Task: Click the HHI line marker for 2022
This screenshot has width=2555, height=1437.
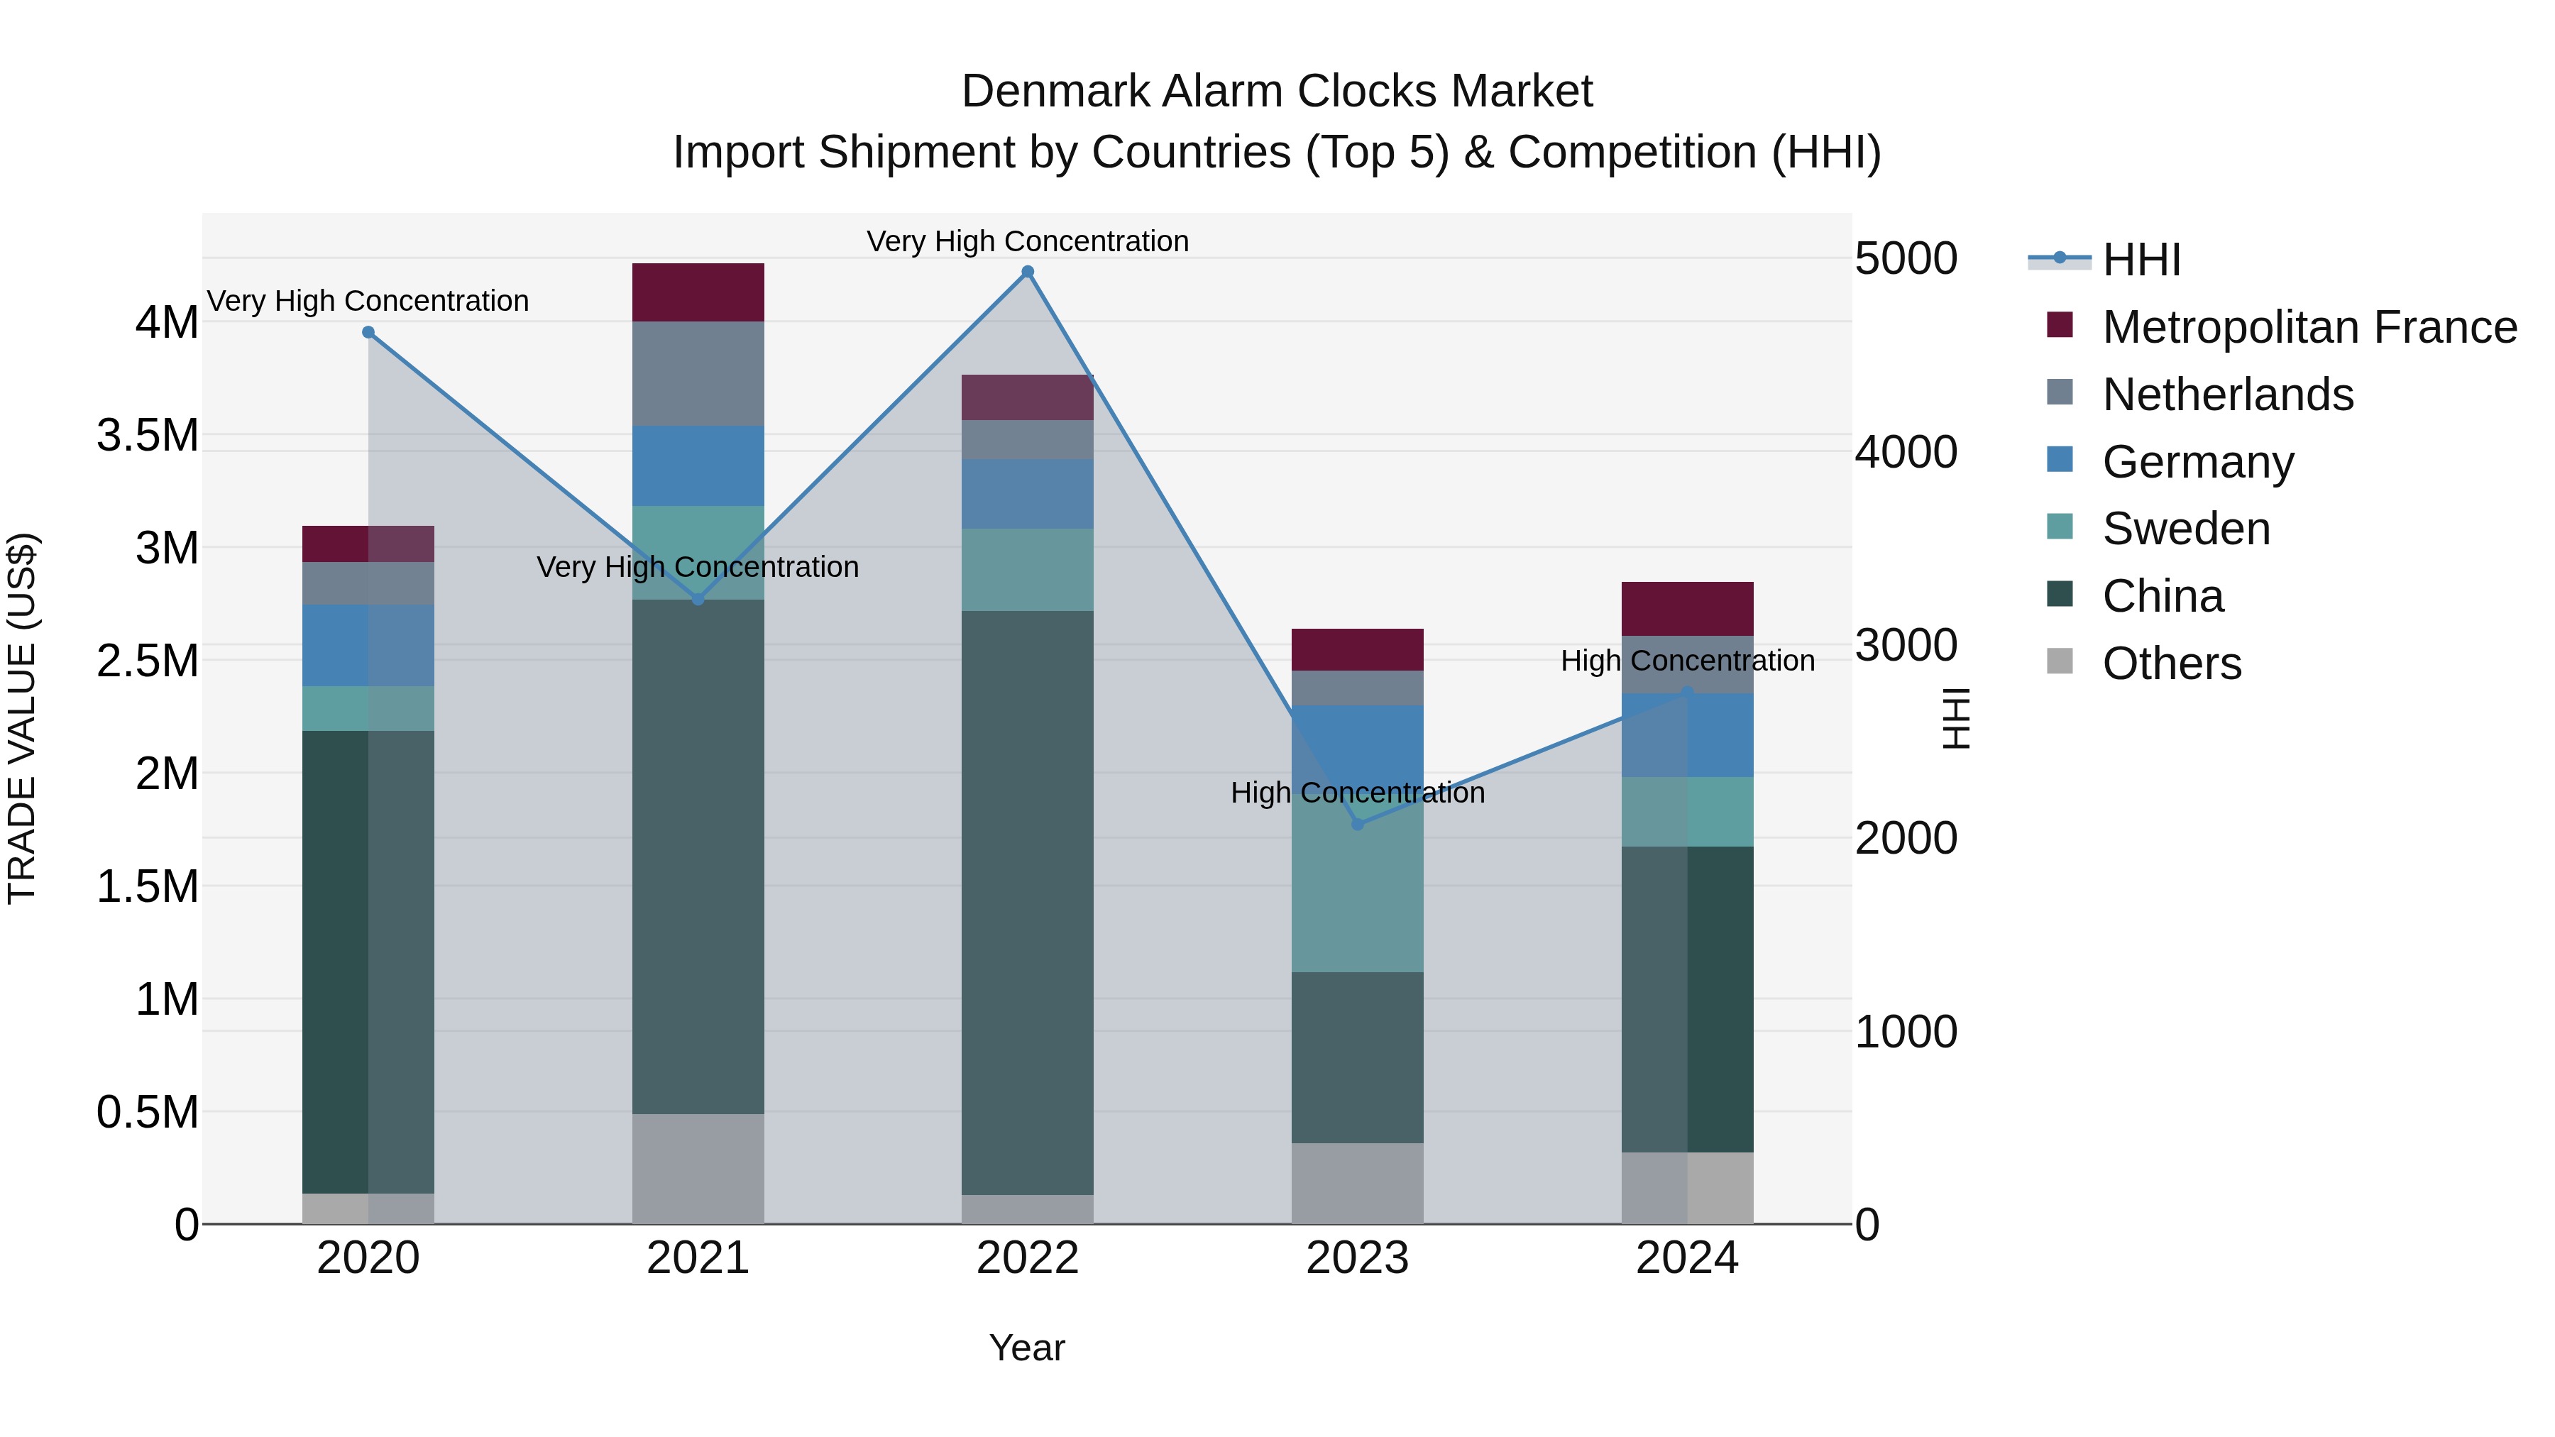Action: [x=1028, y=272]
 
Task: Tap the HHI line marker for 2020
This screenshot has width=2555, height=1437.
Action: [x=368, y=332]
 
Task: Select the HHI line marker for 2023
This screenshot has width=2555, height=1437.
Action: [x=1358, y=824]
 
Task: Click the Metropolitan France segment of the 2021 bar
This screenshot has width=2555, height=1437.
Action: [x=698, y=292]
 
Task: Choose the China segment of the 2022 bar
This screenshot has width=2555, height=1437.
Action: [x=1028, y=903]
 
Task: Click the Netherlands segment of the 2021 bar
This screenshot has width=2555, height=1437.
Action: [x=698, y=374]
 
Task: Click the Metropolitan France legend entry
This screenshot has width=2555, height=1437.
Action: [x=2308, y=327]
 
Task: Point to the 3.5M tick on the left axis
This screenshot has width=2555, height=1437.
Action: [x=148, y=436]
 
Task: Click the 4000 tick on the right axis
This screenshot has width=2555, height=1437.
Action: [x=1906, y=452]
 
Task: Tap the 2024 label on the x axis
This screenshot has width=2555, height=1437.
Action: [x=1686, y=1258]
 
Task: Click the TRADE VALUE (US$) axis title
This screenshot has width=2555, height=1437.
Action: [x=22, y=718]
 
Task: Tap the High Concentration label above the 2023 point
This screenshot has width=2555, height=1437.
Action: [x=1357, y=793]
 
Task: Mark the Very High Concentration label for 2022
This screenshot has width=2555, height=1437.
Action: [x=1028, y=241]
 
